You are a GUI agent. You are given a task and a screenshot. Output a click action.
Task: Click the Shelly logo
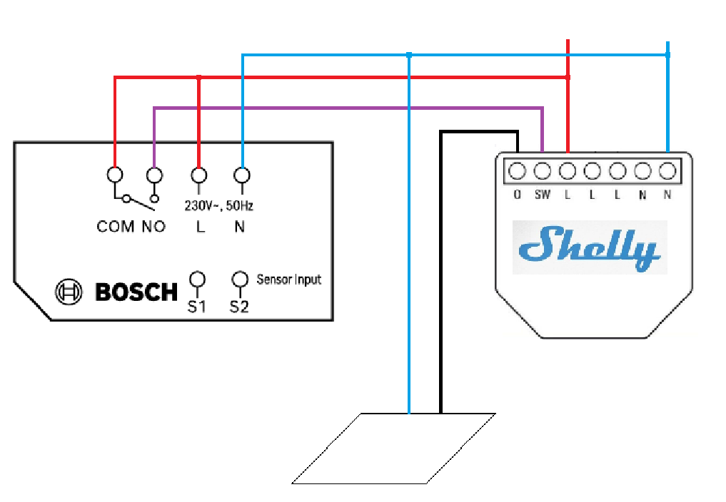tap(590, 247)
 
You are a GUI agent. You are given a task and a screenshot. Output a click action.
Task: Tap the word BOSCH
tap(136, 292)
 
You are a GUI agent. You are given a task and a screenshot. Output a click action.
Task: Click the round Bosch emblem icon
tap(69, 292)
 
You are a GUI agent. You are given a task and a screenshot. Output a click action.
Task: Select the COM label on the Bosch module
tap(116, 227)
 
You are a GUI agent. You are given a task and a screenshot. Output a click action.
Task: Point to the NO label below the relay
tap(153, 227)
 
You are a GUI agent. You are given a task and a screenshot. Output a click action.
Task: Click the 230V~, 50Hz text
tap(219, 206)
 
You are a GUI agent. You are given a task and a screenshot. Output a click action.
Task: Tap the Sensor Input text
tap(289, 280)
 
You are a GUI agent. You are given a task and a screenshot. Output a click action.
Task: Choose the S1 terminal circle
tap(198, 279)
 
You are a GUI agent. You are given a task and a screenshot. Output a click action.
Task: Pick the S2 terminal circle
tap(239, 279)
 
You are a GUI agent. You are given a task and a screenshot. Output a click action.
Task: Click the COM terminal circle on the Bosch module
tap(115, 175)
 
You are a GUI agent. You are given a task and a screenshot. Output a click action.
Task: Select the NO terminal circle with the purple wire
tap(154, 175)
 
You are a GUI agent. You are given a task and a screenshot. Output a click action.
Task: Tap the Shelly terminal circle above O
tap(518, 171)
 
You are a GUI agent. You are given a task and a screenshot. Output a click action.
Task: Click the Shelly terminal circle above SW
tap(543, 171)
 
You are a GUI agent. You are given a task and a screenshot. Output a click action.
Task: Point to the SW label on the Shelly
tap(543, 195)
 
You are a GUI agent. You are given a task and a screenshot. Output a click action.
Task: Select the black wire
tap(441, 285)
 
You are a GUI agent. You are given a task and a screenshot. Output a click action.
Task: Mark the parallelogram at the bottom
tap(394, 448)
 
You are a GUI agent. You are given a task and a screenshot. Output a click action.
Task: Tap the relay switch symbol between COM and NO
tap(136, 200)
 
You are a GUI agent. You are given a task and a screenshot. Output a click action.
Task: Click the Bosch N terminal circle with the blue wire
tap(243, 175)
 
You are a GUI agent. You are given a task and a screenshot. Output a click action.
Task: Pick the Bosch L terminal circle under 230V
tap(199, 175)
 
